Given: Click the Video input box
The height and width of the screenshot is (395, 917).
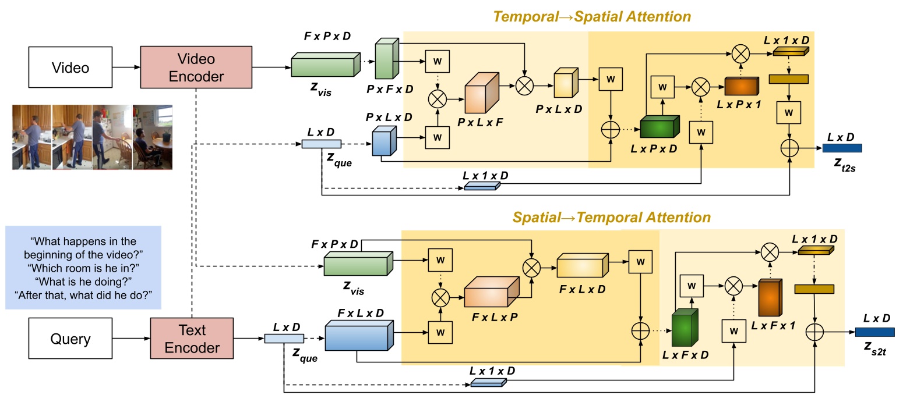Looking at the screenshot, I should click(70, 67).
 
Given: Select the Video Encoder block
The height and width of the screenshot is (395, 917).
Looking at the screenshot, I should click(196, 67).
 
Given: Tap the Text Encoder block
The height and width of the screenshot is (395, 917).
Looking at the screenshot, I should click(192, 339).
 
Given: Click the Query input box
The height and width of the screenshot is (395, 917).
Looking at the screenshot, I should click(70, 339).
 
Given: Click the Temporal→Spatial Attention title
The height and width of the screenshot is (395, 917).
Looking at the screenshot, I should click(592, 17).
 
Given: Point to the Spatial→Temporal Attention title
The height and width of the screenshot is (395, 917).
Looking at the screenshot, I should click(611, 218).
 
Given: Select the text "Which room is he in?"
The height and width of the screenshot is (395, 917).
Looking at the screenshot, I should click(83, 268).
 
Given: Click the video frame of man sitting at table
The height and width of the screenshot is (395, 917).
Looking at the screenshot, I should click(153, 137).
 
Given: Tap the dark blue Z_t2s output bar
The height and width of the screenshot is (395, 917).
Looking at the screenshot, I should click(842, 148).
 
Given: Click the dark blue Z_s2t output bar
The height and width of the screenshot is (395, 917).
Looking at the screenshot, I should click(874, 332).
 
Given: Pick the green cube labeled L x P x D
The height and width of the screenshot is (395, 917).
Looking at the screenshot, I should click(659, 127).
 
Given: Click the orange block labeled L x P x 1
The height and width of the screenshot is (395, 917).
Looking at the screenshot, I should click(741, 87).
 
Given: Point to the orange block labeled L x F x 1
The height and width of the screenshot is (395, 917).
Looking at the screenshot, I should click(770, 298).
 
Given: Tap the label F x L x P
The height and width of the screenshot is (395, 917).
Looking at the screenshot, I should click(495, 318).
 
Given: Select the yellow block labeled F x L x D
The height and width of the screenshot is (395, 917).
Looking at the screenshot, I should click(582, 266).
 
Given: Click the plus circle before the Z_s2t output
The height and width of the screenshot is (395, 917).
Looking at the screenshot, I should click(814, 332).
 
